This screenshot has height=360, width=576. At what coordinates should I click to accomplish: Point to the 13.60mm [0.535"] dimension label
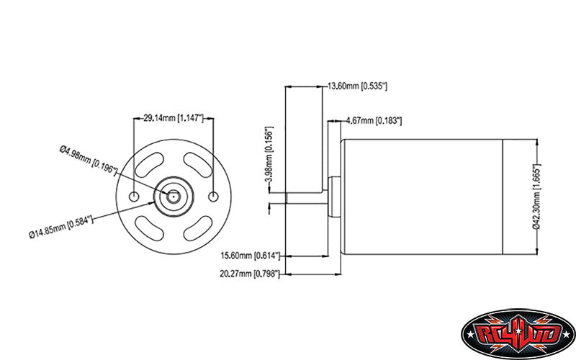pyautogui.click(x=358, y=86)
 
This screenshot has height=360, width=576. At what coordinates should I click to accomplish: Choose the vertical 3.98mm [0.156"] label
pyautogui.click(x=269, y=155)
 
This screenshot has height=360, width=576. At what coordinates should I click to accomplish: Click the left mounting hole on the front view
pyautogui.click(x=135, y=197)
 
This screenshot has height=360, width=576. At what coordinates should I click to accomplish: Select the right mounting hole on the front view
pyautogui.click(x=213, y=197)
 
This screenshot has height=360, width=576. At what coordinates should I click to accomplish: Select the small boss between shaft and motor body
pyautogui.click(x=335, y=196)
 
